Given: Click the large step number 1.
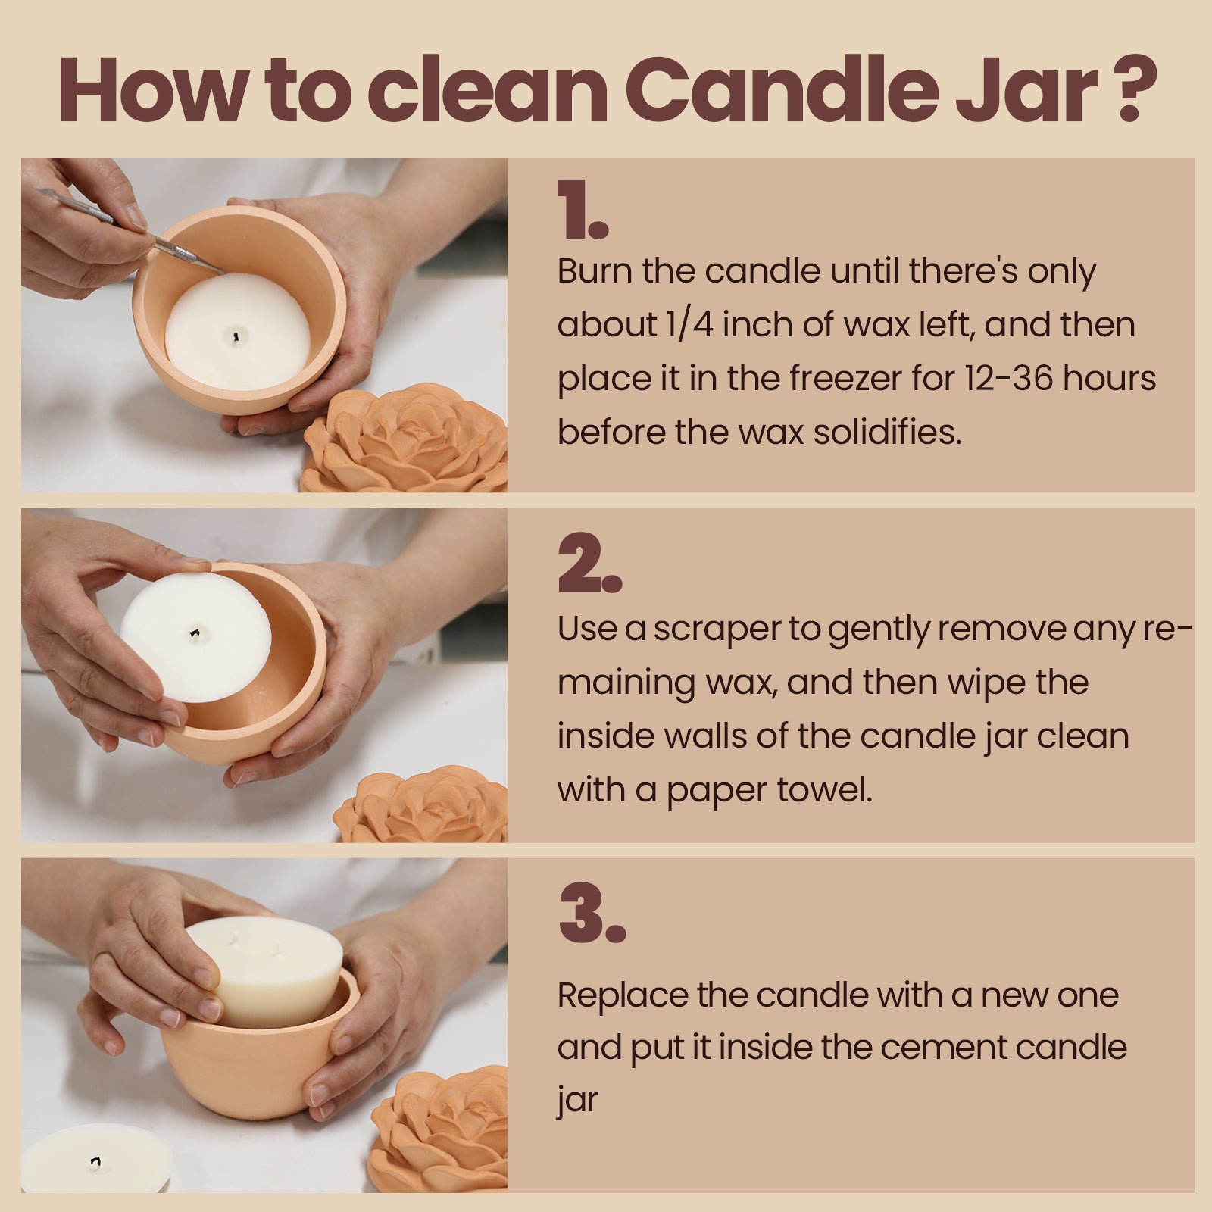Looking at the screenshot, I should click(x=582, y=211).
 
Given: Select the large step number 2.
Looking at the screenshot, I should click(x=589, y=564).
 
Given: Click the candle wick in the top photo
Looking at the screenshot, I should click(x=237, y=336).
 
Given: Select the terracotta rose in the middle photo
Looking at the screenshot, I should click(x=424, y=807).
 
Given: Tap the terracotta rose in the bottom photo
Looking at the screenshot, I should click(x=443, y=1129).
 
